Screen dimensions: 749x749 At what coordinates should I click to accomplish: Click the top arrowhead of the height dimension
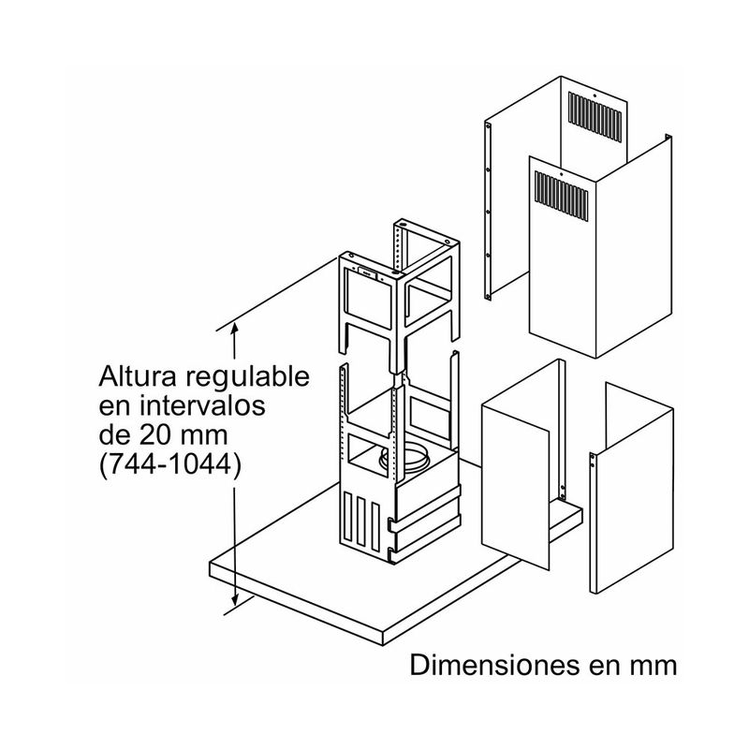pyautogui.click(x=235, y=328)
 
